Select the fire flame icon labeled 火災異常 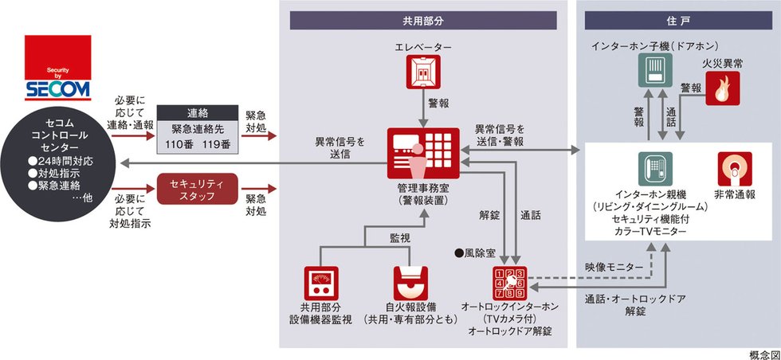[x=723, y=88]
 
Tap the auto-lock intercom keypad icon [x=511, y=281]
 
